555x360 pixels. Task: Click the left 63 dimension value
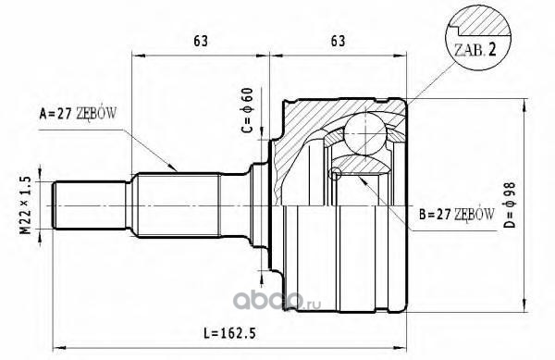201,41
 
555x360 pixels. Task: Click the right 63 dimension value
338,41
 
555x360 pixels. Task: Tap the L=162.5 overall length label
229,333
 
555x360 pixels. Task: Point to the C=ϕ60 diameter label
247,110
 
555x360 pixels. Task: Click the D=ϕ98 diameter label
510,205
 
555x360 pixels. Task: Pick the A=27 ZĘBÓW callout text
78,113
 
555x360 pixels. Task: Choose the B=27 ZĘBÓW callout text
457,214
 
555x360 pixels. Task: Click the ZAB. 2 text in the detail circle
475,51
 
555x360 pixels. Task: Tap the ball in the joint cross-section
365,133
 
